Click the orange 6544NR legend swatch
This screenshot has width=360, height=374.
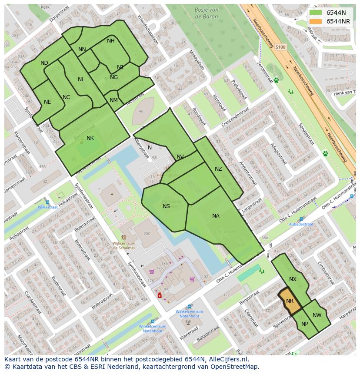point(316,21)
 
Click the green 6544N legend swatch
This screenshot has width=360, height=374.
point(316,13)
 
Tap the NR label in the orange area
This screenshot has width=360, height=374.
point(290,301)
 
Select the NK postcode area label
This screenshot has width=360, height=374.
point(90,138)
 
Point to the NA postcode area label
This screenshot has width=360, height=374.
point(216,216)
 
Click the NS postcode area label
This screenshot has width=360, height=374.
point(166,206)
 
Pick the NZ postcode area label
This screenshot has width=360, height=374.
point(218,169)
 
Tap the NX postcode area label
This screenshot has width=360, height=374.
point(293,279)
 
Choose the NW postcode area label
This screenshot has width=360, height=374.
point(317,315)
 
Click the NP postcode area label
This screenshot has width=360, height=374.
point(305,324)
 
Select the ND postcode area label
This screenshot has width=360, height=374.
point(44,63)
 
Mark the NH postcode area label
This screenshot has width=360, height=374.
point(111,41)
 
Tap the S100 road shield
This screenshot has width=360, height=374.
point(281,47)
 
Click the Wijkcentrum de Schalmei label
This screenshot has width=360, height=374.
point(124,245)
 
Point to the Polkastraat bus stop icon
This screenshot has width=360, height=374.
point(47,202)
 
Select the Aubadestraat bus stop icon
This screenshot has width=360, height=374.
point(301,219)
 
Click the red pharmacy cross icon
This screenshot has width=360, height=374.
point(160,295)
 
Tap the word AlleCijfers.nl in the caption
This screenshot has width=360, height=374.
point(227,359)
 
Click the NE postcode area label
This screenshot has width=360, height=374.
point(47,102)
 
